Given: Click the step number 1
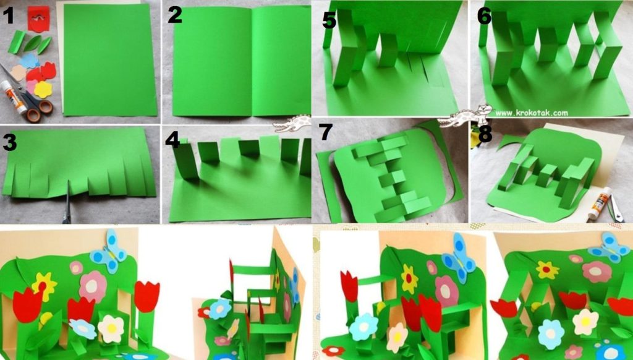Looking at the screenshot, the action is [8, 16].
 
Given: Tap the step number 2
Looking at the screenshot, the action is [175, 15].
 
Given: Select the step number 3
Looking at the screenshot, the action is [9, 142].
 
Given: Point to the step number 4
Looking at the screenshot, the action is [172, 139].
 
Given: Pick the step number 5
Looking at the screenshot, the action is [329, 20].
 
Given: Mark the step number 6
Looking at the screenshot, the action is [484, 16].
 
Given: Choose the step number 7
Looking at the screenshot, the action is [325, 132].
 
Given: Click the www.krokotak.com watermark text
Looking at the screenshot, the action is [532, 113].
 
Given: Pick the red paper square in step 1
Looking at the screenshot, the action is [39, 19].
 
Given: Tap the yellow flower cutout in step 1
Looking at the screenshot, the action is [43, 89].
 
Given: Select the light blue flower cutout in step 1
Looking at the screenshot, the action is [29, 61].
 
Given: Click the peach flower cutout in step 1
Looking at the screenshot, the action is [18, 73].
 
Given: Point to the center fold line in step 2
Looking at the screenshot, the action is [252, 61].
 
